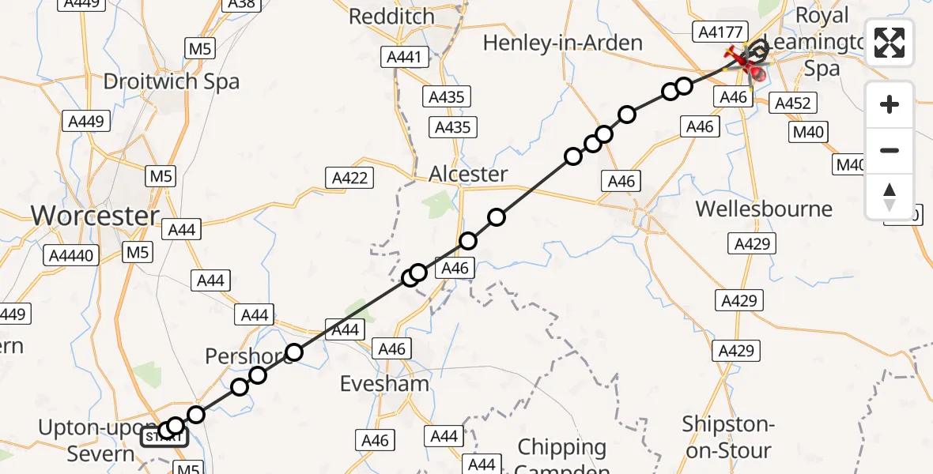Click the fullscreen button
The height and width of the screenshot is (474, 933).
tap(890, 43)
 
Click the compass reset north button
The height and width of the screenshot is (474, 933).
tap(890, 197)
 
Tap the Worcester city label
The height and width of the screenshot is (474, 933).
tap(95, 216)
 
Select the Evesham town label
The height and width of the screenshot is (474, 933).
tap(384, 384)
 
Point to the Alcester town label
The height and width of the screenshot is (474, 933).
tap(468, 174)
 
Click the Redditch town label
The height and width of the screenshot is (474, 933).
tap(392, 16)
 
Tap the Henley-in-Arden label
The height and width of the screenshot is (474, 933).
tap(562, 42)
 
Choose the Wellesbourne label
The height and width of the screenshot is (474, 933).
tap(764, 209)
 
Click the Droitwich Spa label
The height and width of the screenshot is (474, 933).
tap(172, 81)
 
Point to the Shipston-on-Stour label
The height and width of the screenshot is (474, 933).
tap(727, 437)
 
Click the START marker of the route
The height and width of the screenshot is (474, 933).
tap(164, 436)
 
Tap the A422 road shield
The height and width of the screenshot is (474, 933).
tap(350, 178)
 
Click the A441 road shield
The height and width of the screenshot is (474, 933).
tap(404, 57)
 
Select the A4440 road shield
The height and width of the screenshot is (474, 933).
tap(71, 255)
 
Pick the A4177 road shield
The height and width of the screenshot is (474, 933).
tap(718, 32)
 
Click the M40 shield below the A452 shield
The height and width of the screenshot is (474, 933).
tap(808, 132)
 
